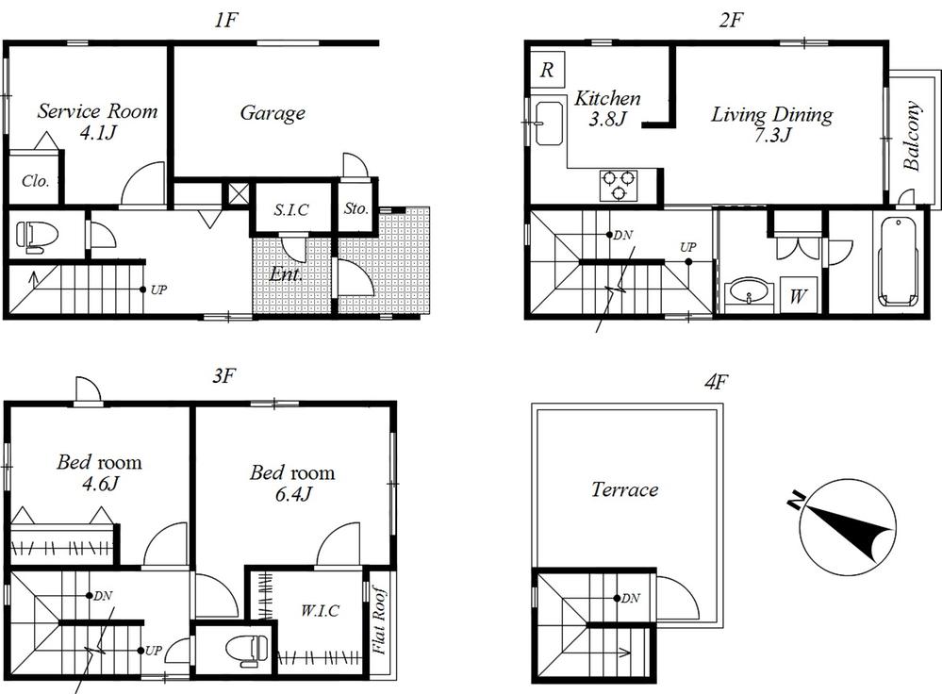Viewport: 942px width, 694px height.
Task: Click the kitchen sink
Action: pos(549,124)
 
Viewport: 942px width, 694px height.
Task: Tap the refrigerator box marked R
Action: pos(547,70)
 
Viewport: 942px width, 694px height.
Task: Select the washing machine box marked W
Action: pos(798,295)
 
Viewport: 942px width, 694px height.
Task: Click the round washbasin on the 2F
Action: pos(751,291)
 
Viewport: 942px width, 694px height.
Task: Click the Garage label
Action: pos(272,113)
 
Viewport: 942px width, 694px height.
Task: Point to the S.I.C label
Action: pos(291,210)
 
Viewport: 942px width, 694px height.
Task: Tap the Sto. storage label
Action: pos(355,208)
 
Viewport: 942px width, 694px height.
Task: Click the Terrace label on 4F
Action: pos(624,489)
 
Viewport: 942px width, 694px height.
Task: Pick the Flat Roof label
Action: pos(379,620)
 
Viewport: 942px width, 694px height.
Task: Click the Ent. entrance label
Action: pos(286,275)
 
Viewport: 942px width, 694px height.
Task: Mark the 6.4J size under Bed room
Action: pos(293,494)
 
